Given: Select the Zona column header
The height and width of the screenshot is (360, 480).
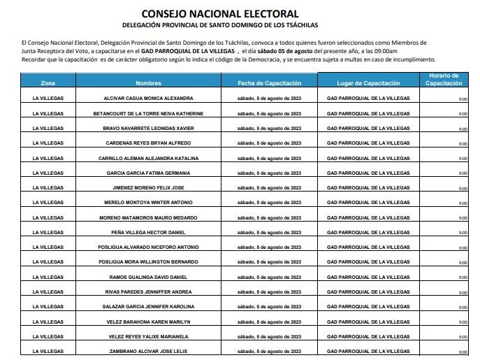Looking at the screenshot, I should (49, 82).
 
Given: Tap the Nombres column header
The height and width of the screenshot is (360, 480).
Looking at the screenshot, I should (148, 82).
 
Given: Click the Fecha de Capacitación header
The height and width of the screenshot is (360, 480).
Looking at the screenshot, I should (270, 82).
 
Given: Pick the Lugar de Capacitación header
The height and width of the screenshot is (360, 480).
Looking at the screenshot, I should (368, 82).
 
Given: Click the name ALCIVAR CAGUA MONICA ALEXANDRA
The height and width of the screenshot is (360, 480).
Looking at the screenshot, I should (148, 98).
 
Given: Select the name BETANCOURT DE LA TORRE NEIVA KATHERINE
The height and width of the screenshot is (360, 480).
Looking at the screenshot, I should (148, 113).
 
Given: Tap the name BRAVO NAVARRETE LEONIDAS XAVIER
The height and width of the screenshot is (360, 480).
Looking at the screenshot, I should (148, 129).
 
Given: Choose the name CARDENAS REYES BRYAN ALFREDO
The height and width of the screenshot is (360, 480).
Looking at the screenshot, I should (148, 143).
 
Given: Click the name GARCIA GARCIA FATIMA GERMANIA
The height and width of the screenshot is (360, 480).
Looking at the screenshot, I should (148, 173).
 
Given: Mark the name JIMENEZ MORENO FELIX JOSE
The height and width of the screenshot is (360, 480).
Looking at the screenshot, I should (148, 188).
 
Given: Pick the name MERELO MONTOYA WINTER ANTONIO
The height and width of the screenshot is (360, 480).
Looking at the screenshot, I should (148, 203).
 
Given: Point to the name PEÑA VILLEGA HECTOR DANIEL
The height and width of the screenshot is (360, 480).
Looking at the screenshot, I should (148, 232).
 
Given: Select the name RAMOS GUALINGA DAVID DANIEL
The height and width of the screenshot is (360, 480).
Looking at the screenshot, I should (148, 277).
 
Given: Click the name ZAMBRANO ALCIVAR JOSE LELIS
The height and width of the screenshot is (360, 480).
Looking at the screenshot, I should (148, 350).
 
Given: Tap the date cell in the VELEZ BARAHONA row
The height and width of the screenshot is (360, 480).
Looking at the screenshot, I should (270, 321).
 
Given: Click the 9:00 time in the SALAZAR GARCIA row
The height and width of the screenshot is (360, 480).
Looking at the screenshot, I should (463, 307).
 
